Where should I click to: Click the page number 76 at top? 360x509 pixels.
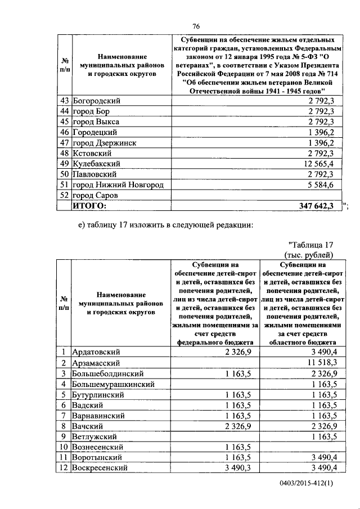click(196, 26)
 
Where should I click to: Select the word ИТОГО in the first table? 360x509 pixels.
click(90, 206)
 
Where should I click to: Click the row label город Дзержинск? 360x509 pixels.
click(105, 143)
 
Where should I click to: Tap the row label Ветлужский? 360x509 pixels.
click(94, 436)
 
